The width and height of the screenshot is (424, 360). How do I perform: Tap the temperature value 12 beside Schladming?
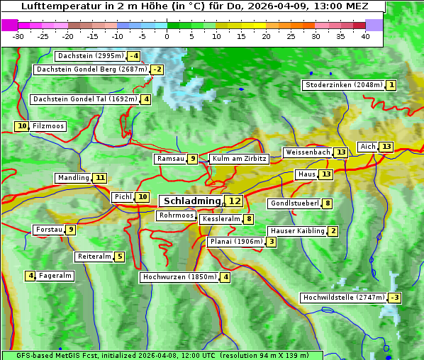(x=234, y=201)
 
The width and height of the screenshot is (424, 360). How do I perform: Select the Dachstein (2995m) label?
(x=90, y=56)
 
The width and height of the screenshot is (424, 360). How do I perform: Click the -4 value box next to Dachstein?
(x=133, y=56)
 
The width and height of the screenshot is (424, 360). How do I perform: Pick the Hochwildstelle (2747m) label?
(x=343, y=298)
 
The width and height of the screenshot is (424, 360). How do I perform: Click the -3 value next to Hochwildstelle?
(x=394, y=298)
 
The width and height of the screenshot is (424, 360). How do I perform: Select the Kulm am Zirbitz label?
(x=239, y=159)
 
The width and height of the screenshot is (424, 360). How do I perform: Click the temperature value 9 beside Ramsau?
(x=192, y=159)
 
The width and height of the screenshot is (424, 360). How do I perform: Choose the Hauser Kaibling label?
(x=297, y=231)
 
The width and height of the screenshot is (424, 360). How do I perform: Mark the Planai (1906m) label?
(x=235, y=242)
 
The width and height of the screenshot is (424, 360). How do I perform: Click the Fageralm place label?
(x=55, y=276)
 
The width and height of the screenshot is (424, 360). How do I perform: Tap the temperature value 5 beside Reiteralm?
(x=120, y=257)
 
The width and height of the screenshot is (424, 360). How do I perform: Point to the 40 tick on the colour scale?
(x=365, y=36)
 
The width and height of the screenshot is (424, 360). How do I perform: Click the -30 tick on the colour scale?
(x=18, y=36)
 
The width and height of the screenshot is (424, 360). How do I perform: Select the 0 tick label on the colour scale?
(x=167, y=36)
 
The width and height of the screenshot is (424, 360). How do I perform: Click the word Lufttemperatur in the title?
(x=55, y=6)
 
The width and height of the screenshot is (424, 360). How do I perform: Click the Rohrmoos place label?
(x=176, y=215)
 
